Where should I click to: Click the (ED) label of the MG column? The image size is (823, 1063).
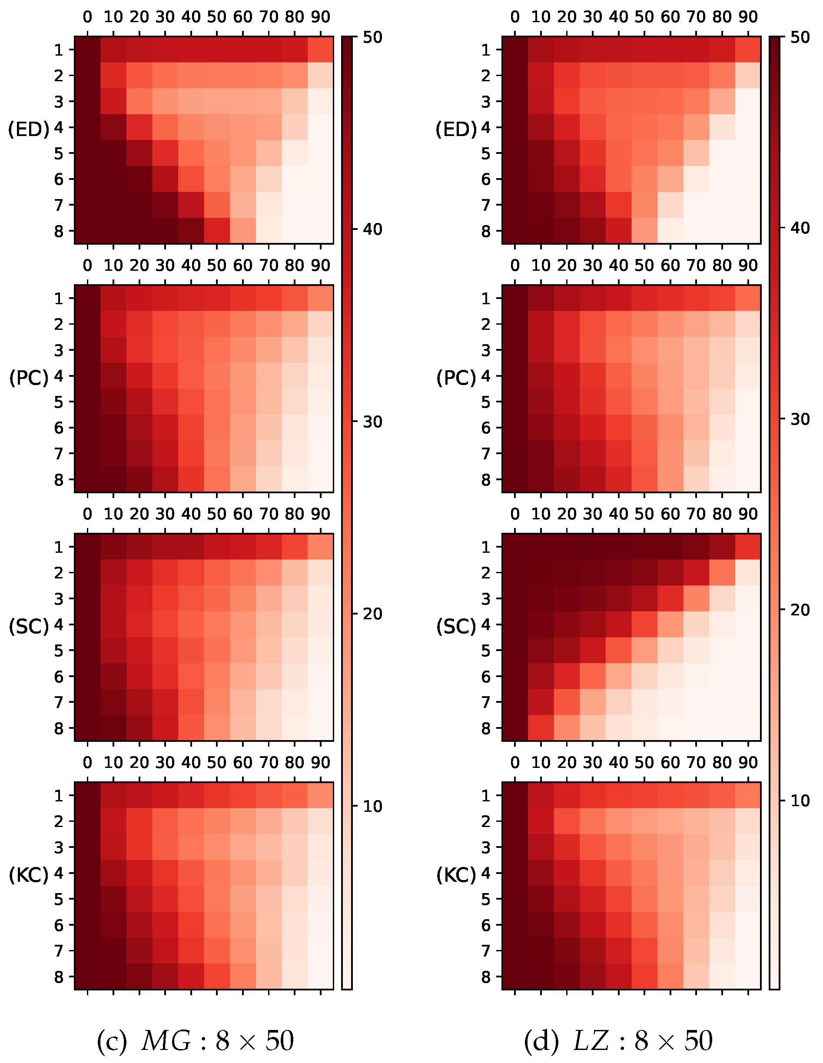pyautogui.click(x=29, y=129)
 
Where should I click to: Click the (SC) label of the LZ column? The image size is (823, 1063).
pyautogui.click(x=456, y=626)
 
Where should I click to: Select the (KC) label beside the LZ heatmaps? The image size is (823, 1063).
pyautogui.click(x=456, y=875)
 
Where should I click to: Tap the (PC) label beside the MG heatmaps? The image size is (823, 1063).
pyautogui.click(x=29, y=378)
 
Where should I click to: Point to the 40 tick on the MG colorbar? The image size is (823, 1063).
pyautogui.click(x=372, y=229)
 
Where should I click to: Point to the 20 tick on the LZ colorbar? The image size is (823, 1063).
pyautogui.click(x=800, y=610)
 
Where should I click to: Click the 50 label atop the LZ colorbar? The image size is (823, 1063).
pyautogui.click(x=800, y=37)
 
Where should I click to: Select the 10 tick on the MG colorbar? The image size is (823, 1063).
pyautogui.click(x=372, y=807)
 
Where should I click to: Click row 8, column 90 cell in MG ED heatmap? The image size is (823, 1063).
pyautogui.click(x=320, y=231)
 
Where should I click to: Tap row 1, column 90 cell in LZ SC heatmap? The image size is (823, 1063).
pyautogui.click(x=747, y=547)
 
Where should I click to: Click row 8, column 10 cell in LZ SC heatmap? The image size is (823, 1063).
pyautogui.click(x=541, y=728)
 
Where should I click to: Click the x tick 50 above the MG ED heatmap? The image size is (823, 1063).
pyautogui.click(x=216, y=17)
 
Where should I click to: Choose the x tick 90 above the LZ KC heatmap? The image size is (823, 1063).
pyautogui.click(x=747, y=763)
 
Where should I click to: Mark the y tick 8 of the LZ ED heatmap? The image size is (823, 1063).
pyautogui.click(x=486, y=231)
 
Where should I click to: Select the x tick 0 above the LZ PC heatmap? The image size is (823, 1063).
pyautogui.click(x=515, y=266)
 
